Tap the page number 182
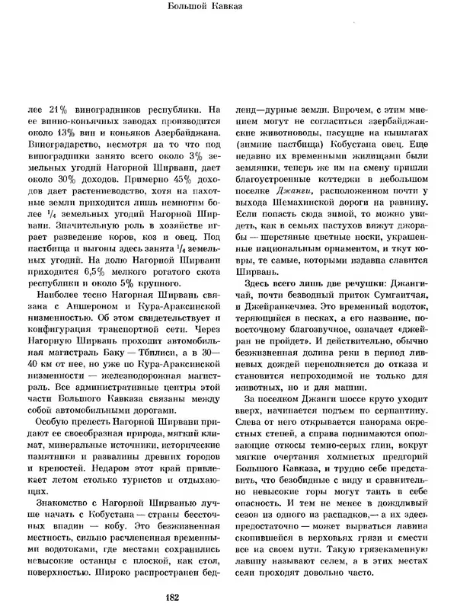pos(228,598)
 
